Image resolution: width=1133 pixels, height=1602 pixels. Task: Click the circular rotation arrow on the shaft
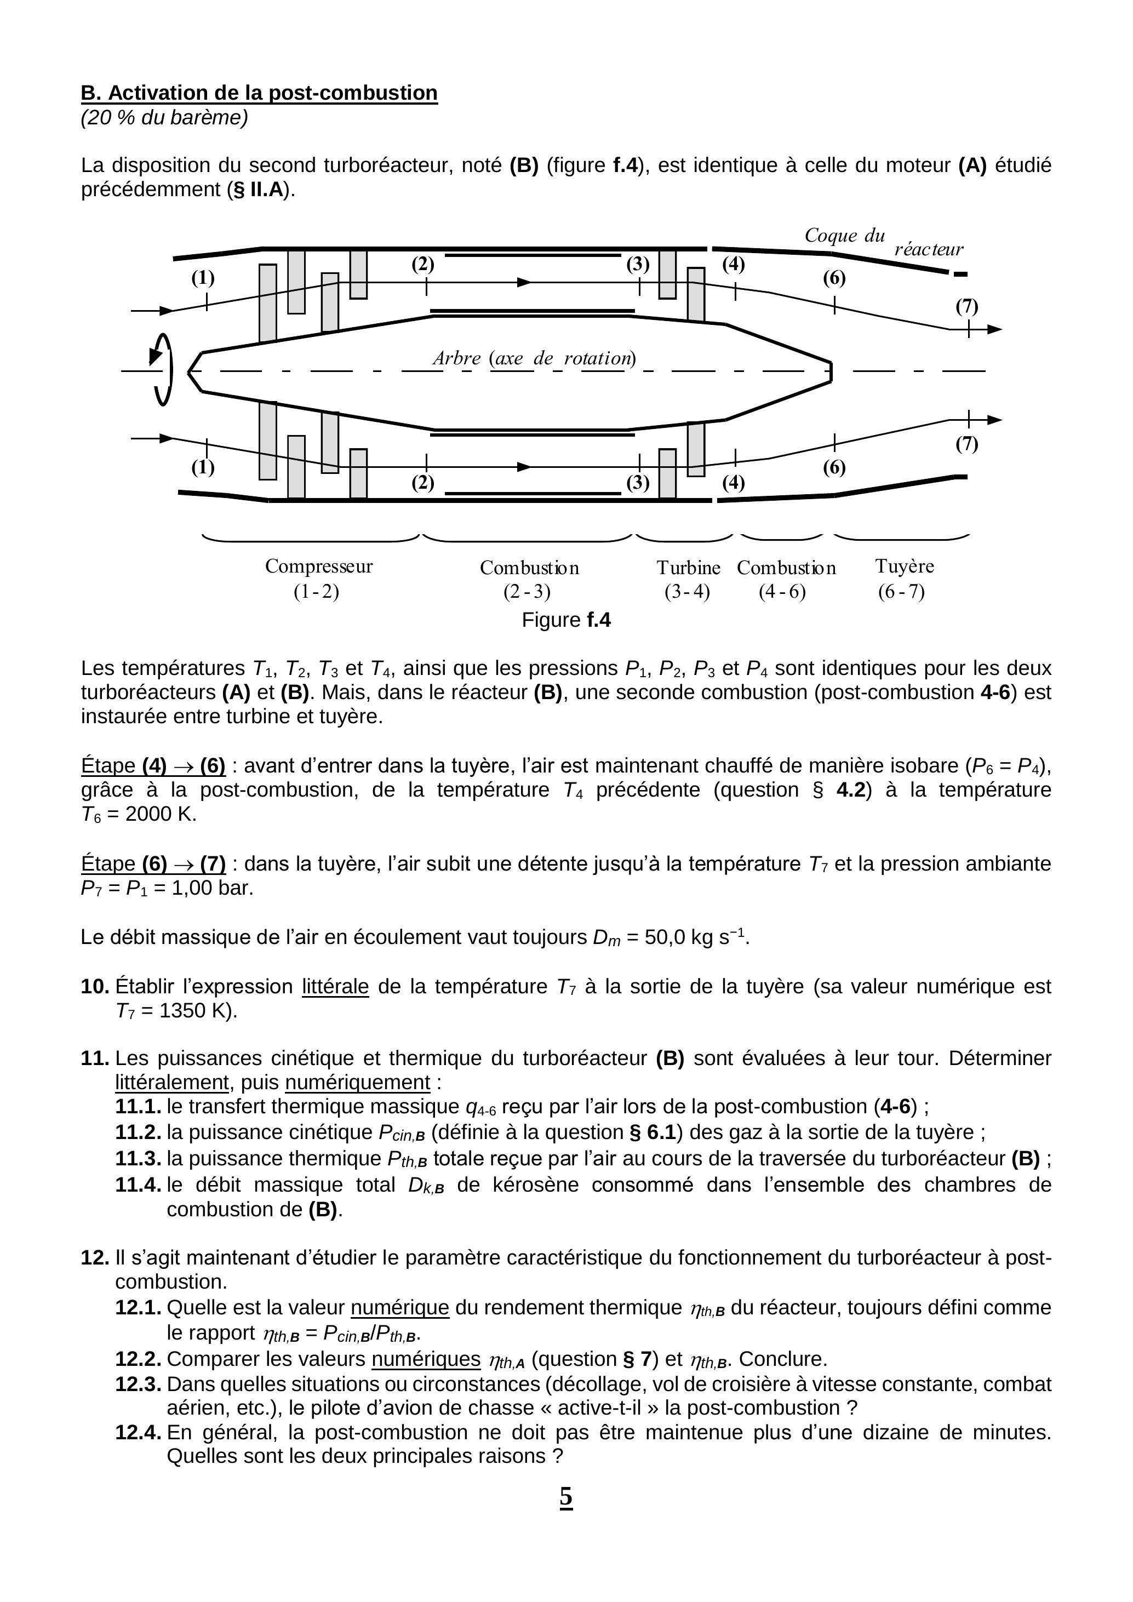(x=162, y=370)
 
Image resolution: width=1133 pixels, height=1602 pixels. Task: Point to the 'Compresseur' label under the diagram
(x=318, y=566)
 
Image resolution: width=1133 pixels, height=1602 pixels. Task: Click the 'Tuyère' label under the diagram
(x=904, y=566)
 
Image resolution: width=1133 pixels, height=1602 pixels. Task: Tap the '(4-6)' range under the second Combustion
(x=782, y=592)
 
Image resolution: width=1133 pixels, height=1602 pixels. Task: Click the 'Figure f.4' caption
(x=566, y=620)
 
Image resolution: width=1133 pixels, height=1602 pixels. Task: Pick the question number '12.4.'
(x=138, y=1433)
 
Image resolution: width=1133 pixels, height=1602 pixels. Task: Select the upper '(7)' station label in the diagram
(x=966, y=306)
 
